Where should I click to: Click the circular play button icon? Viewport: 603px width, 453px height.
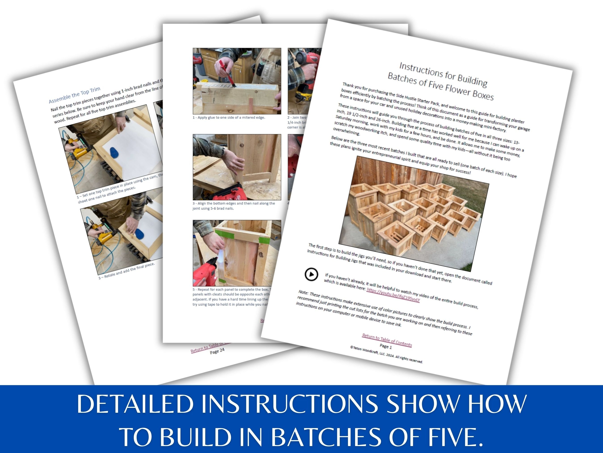[311, 274]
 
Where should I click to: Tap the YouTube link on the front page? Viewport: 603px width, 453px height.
[393, 295]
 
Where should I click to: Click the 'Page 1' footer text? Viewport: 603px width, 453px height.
[386, 346]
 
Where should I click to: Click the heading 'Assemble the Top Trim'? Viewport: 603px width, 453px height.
[74, 95]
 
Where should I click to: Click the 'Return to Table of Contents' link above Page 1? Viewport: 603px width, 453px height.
[387, 340]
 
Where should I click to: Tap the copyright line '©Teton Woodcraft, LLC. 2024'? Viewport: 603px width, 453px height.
[386, 354]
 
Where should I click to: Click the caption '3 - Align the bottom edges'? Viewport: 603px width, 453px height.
[234, 206]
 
